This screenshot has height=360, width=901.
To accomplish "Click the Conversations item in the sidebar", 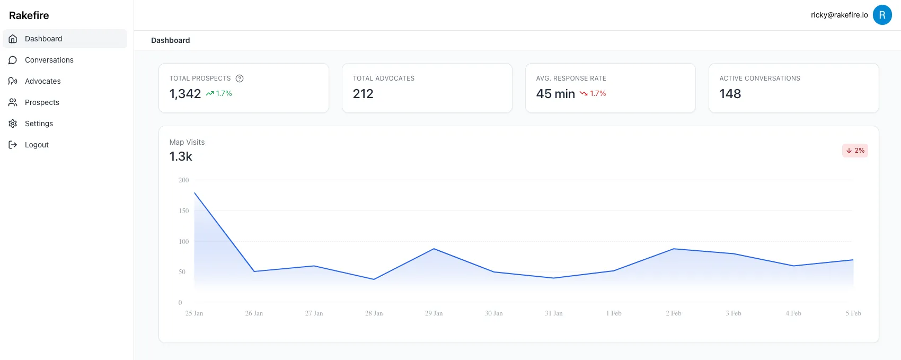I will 49,60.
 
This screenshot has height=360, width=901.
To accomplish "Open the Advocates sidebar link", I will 42,81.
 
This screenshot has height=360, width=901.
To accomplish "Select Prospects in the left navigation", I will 42,102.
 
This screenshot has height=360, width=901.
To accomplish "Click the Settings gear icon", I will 13,124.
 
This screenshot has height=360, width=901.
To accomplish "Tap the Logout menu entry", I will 37,145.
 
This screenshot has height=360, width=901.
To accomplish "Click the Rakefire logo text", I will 29,15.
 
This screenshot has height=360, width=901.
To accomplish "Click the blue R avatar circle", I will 882,15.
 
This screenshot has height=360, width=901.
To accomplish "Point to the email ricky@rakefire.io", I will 839,15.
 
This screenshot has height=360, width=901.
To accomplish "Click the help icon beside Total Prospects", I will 240,78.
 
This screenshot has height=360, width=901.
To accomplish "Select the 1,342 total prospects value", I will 185,94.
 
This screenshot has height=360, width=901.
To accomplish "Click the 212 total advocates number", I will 363,94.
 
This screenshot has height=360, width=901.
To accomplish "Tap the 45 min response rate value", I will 555,94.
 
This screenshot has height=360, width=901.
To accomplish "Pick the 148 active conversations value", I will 730,94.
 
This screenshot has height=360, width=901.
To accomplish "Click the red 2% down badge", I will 855,151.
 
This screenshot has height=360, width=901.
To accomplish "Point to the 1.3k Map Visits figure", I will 181,156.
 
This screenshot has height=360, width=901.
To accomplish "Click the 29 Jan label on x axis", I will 434,313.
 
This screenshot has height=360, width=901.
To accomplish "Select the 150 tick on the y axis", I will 183,211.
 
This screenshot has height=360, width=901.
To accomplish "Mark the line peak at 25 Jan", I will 195,193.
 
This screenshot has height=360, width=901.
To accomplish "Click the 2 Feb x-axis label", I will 674,313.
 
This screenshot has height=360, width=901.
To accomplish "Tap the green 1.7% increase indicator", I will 219,93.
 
